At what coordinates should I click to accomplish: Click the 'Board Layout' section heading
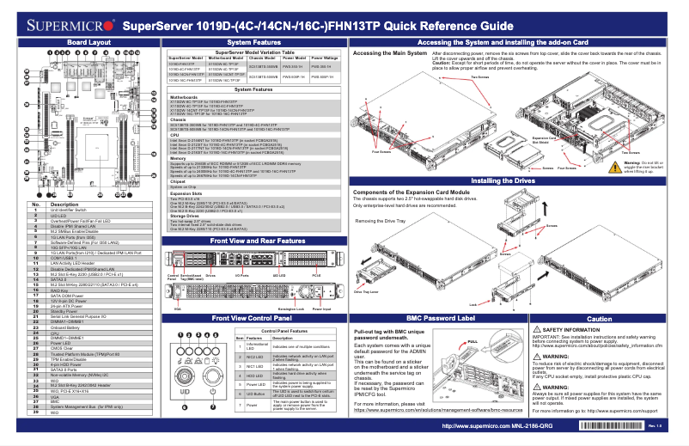[88, 41]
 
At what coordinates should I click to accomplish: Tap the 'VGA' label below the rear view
[178, 308]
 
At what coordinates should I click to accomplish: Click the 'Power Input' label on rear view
[322, 308]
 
